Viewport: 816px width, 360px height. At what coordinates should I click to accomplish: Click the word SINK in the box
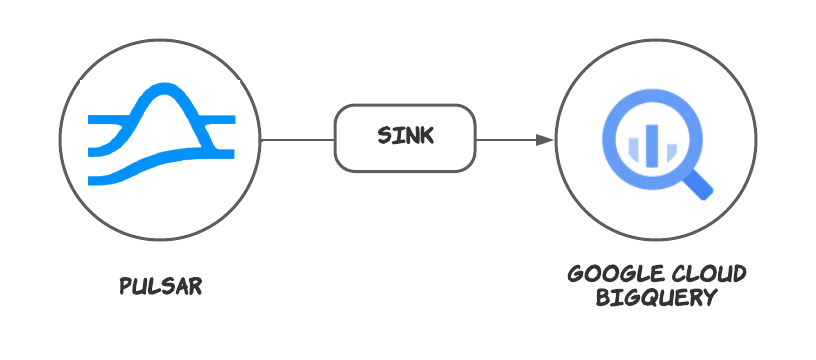coord(405,136)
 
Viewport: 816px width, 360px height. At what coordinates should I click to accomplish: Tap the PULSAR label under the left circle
coord(161,286)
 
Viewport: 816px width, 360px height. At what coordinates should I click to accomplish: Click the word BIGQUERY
coord(657,298)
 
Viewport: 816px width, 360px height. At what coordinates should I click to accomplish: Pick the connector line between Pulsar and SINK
coord(297,139)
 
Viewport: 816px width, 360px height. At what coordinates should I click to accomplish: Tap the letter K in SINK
coord(427,136)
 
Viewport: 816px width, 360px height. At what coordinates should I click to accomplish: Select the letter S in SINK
coord(384,136)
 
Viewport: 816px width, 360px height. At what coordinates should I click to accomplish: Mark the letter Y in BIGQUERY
coord(712,298)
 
